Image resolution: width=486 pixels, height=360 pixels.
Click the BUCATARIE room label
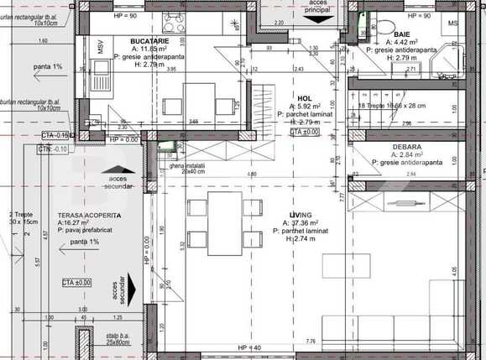[149, 41]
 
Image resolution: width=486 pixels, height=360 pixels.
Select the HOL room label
[304, 97]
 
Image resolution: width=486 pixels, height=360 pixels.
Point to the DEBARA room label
[406, 147]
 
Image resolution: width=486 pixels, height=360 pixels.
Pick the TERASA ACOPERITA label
[89, 216]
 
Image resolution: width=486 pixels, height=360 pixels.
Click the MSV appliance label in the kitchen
[99, 48]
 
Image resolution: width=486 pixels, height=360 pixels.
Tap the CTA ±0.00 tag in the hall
[305, 132]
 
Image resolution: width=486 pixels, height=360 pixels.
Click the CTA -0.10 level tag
[55, 149]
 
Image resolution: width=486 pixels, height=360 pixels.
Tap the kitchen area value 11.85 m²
[148, 49]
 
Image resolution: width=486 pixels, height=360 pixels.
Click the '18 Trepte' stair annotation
[393, 107]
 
